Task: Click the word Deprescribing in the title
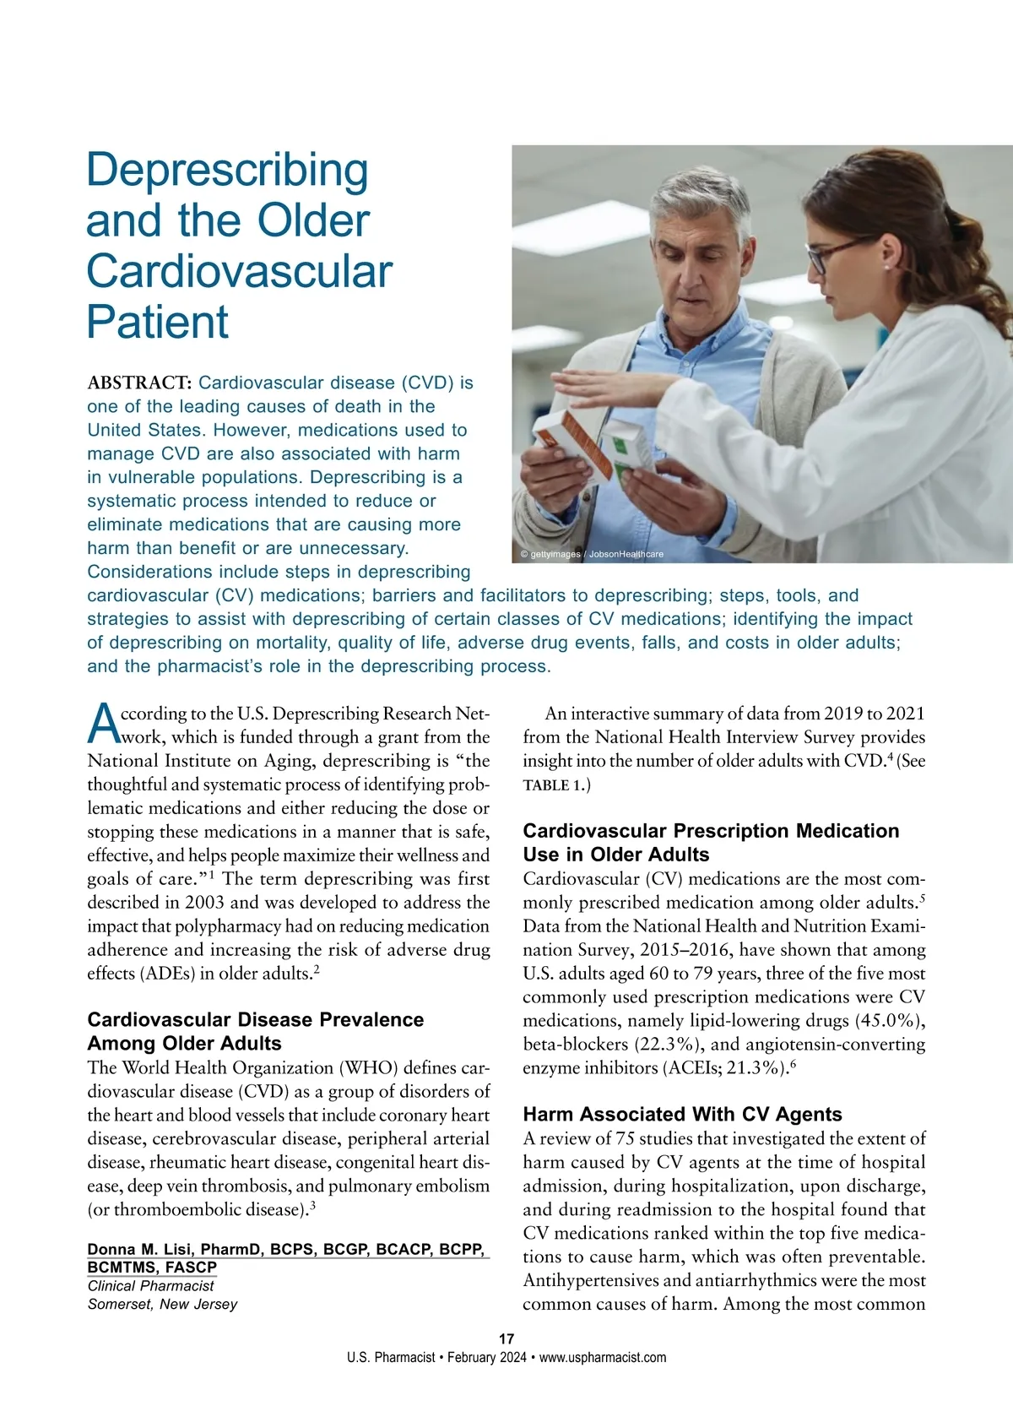tap(227, 171)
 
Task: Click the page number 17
tap(506, 1338)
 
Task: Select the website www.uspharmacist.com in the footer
tap(603, 1358)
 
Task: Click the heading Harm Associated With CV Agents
tap(682, 1115)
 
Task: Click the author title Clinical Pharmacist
tap(150, 1286)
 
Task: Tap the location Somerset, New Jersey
tap(162, 1305)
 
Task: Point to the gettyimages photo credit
tap(591, 554)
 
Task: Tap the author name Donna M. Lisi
tap(158, 1250)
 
